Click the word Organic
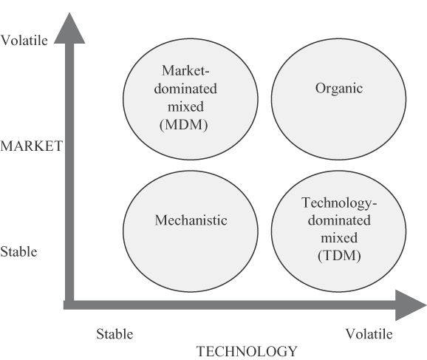[x=339, y=89]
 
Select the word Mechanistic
[x=191, y=220]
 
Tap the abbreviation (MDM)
[x=184, y=125]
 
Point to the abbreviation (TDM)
[x=339, y=256]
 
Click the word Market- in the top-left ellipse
[x=185, y=70]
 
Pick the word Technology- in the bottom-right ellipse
[x=339, y=203]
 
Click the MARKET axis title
[x=31, y=146]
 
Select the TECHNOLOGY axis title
[x=247, y=351]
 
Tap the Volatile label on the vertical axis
[x=24, y=41]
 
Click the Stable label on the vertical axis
[x=18, y=251]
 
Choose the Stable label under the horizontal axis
[x=115, y=334]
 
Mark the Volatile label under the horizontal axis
[x=369, y=334]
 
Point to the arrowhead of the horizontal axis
[x=410, y=305]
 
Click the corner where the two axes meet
[x=69, y=305]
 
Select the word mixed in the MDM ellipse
[x=185, y=106]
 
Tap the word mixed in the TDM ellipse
[x=339, y=238]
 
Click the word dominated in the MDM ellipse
[x=185, y=89]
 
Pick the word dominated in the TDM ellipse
[x=339, y=220]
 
